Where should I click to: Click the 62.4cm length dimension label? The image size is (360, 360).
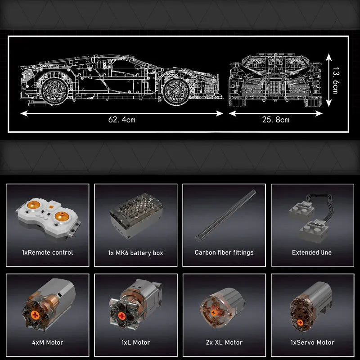pyautogui.click(x=122, y=120)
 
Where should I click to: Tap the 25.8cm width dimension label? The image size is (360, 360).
pyautogui.click(x=276, y=120)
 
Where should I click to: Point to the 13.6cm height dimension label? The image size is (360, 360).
pyautogui.click(x=335, y=80)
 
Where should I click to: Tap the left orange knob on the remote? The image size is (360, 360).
pyautogui.click(x=33, y=205)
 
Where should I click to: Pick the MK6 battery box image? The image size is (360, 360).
pyautogui.click(x=136, y=216)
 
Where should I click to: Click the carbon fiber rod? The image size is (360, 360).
pyautogui.click(x=226, y=216)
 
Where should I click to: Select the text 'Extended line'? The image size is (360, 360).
pyautogui.click(x=311, y=252)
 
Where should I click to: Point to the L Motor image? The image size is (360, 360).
pyautogui.click(x=136, y=304)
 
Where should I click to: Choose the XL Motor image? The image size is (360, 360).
pyautogui.click(x=222, y=308)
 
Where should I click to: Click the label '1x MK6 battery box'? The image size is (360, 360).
pyautogui.click(x=136, y=253)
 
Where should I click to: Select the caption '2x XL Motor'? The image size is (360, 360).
pyautogui.click(x=224, y=342)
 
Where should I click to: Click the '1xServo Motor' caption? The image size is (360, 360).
pyautogui.click(x=312, y=342)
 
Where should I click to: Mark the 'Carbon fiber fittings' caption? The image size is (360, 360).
pyautogui.click(x=224, y=252)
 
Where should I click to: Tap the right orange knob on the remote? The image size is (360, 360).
pyautogui.click(x=62, y=216)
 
